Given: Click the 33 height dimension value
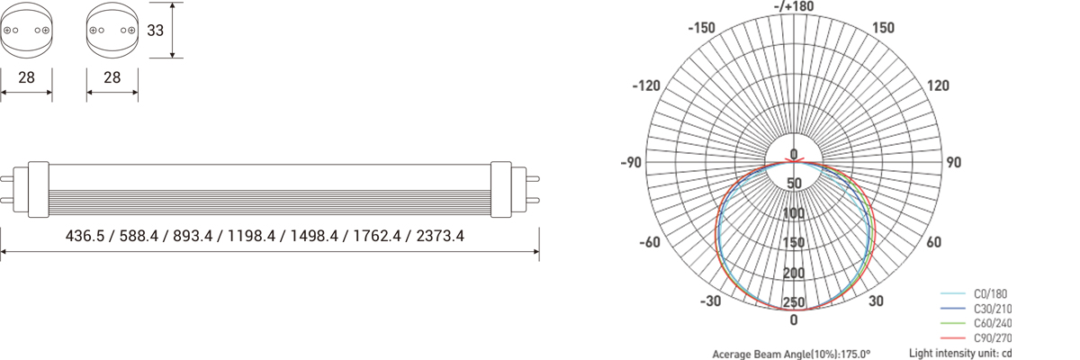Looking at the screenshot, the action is click(x=155, y=31).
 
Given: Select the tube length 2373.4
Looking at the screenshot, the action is click(x=440, y=236).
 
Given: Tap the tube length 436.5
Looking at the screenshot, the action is click(x=85, y=236).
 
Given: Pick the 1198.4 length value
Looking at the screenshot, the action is click(x=251, y=236).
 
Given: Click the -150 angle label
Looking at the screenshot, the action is click(x=701, y=28).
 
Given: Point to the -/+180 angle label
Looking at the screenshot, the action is click(x=794, y=6).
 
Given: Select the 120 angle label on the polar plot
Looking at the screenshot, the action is click(x=938, y=85).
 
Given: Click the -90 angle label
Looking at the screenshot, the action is click(x=631, y=163).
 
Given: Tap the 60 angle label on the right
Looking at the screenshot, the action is click(x=934, y=242).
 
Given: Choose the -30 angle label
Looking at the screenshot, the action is click(x=711, y=301).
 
